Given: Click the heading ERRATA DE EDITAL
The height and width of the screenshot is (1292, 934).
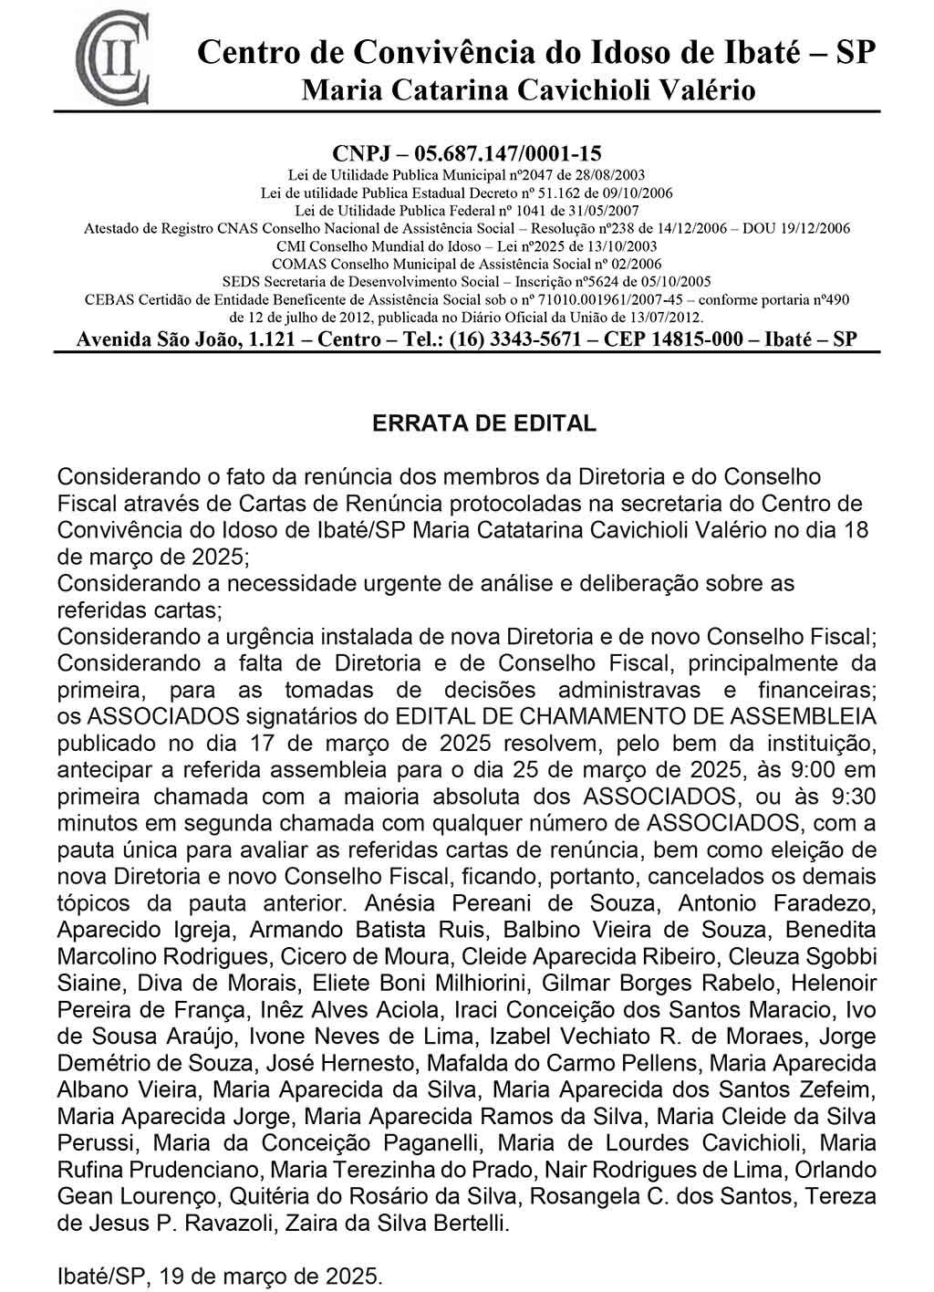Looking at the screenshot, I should coord(483,423).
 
